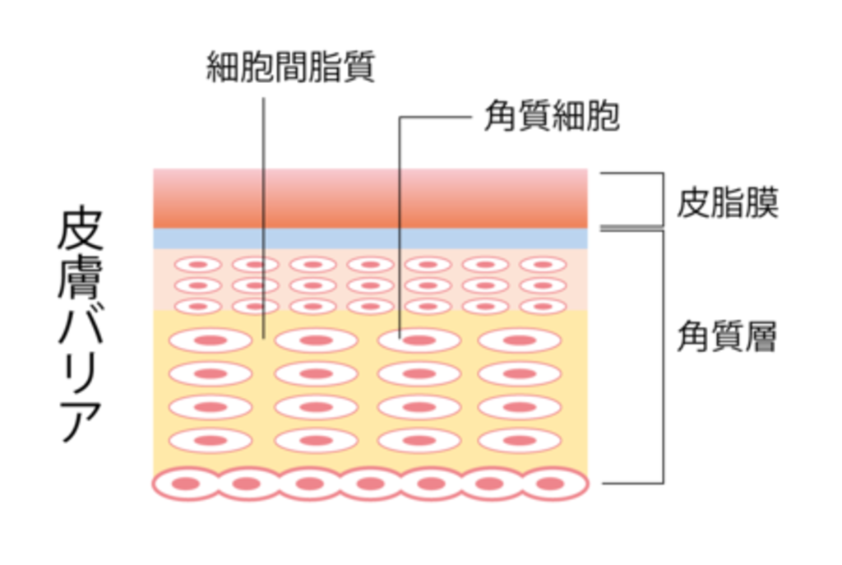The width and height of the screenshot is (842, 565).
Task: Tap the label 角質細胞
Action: pyautogui.click(x=551, y=118)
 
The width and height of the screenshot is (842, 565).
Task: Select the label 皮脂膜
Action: pyautogui.click(x=727, y=202)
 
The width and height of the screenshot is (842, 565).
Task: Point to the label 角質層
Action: pyautogui.click(x=727, y=336)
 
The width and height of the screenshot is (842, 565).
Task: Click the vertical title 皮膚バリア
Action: pyautogui.click(x=81, y=325)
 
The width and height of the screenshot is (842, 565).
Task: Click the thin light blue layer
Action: pyautogui.click(x=370, y=239)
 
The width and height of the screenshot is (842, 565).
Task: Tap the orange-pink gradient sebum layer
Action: pyautogui.click(x=370, y=198)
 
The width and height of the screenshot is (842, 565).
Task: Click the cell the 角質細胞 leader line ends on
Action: pyautogui.click(x=419, y=340)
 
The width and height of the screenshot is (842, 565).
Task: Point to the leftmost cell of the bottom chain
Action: pyautogui.click(x=186, y=484)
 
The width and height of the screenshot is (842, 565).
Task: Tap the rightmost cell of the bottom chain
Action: pyautogui.click(x=554, y=484)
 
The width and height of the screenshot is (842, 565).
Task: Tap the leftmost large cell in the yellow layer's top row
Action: pyautogui.click(x=210, y=340)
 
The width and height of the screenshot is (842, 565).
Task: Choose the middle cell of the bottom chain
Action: pyautogui.click(x=370, y=484)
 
